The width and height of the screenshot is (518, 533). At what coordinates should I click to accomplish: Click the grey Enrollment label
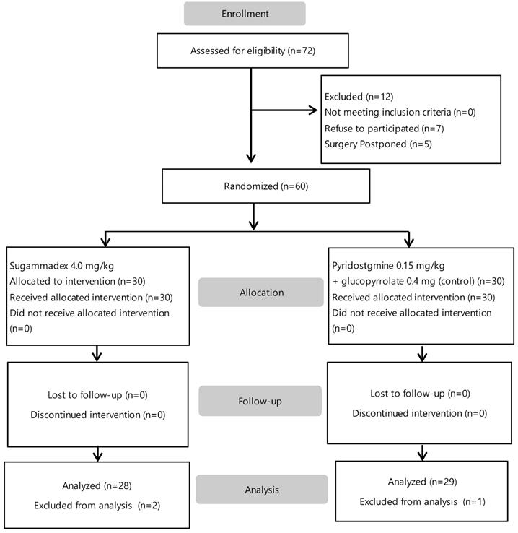tap(245, 14)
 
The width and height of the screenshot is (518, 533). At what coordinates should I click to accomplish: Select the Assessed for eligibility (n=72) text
tap(253, 51)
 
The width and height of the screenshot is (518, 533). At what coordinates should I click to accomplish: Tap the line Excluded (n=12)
tap(359, 97)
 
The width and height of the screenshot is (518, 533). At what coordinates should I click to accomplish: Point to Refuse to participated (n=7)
tap(385, 129)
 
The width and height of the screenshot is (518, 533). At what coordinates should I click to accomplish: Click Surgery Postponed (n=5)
tap(378, 144)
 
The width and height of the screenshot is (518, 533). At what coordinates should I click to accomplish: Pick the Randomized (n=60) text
tap(265, 186)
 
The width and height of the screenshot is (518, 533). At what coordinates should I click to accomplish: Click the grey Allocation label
tap(261, 292)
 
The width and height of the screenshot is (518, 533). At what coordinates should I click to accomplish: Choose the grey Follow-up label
tap(260, 401)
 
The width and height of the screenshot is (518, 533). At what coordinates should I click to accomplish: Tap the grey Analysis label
tap(262, 490)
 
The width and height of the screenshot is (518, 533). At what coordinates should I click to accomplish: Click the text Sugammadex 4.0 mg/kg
tap(62, 266)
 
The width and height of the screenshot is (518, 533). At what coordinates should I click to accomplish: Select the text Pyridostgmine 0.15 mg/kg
tap(388, 266)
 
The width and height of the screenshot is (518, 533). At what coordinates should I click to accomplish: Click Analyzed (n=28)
tap(97, 485)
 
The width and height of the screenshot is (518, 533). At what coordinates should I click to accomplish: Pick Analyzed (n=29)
tap(422, 482)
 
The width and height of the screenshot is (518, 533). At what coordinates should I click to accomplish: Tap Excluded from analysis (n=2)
tap(97, 506)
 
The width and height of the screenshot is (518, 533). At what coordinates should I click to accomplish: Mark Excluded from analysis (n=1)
tap(422, 502)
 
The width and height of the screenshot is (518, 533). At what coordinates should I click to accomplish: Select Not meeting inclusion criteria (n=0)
tap(400, 113)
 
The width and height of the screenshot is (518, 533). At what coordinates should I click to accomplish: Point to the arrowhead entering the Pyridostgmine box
tap(409, 243)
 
